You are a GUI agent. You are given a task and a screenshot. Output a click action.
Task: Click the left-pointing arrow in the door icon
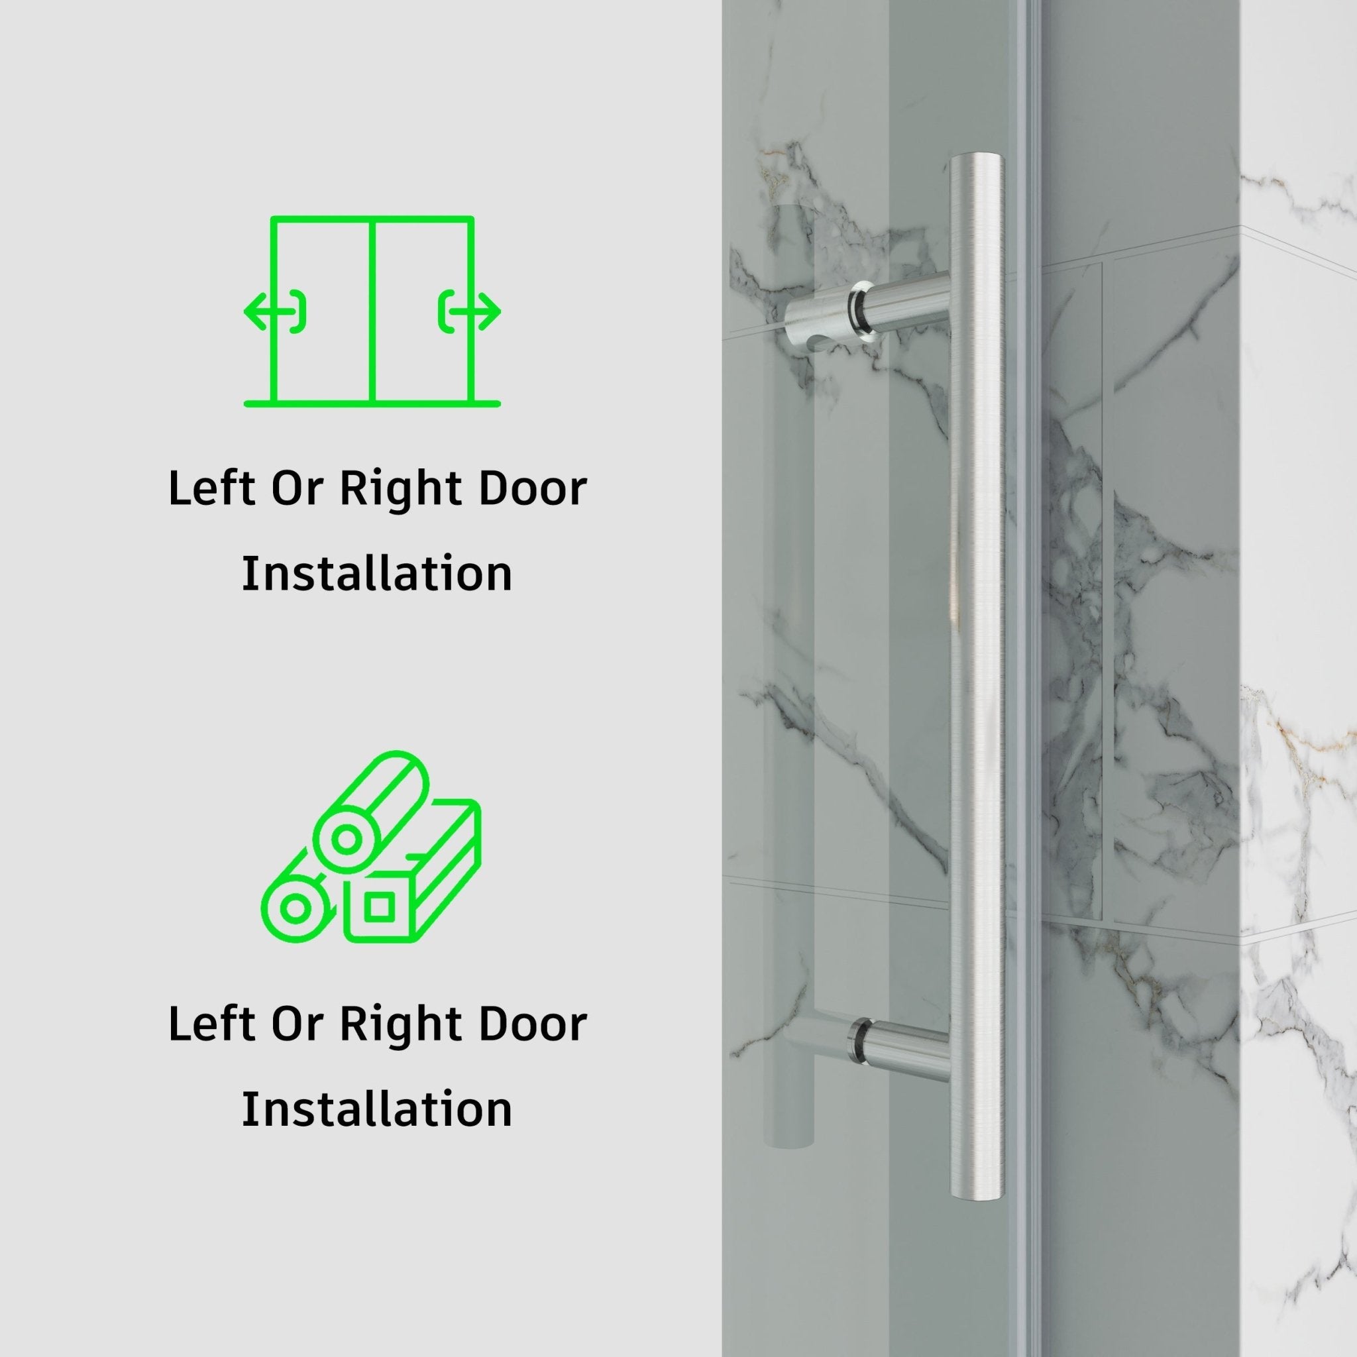pyautogui.click(x=261, y=311)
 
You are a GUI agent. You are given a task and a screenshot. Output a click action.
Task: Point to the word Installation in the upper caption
pyautogui.click(x=377, y=574)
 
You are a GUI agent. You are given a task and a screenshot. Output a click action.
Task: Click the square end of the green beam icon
pyautogui.click(x=379, y=908)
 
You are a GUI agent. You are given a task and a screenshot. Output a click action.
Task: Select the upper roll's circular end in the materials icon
pyautogui.click(x=347, y=840)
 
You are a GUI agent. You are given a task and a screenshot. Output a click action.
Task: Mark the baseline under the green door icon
pyautogui.click(x=372, y=404)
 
